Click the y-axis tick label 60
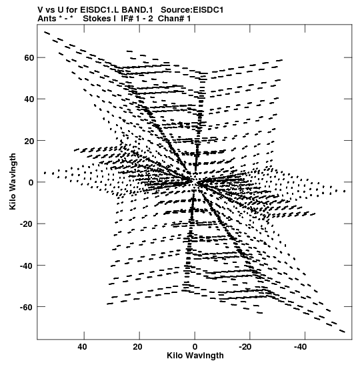point(29,58)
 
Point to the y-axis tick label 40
point(29,99)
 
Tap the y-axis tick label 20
point(29,141)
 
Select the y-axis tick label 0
point(31,182)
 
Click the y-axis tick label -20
point(27,224)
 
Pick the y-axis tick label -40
point(27,266)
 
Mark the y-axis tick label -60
point(27,307)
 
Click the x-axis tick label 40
point(82,347)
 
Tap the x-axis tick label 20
point(138,347)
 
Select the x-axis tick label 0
point(195,347)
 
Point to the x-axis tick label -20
point(245,347)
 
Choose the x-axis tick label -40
point(301,347)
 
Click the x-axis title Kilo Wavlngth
point(195,356)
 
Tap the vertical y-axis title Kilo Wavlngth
point(13,181)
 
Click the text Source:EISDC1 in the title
point(192,10)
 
